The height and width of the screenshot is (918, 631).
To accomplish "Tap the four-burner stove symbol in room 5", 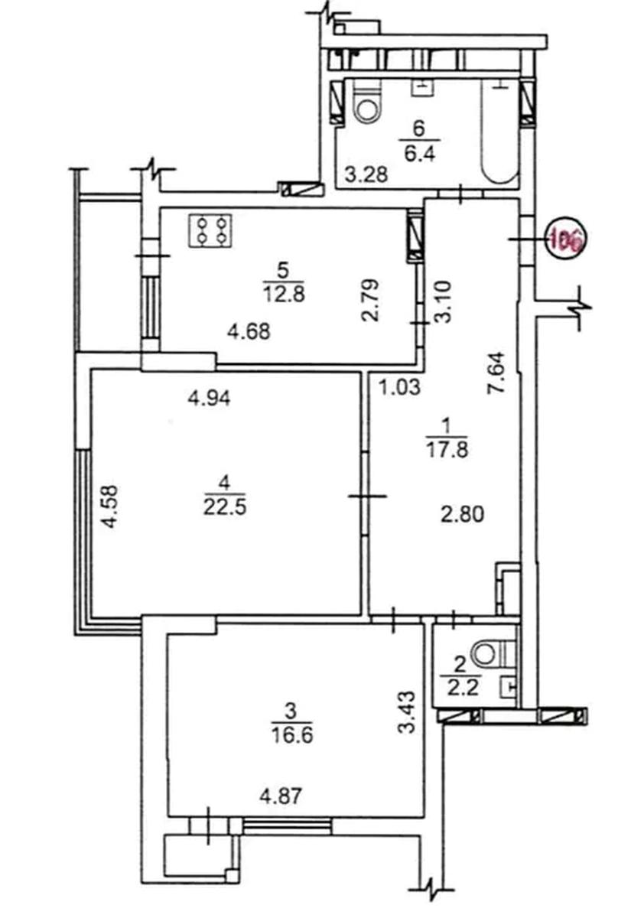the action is tap(210, 231).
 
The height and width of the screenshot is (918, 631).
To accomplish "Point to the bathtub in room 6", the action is tap(499, 131).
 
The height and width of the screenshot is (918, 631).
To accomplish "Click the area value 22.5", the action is tap(225, 509).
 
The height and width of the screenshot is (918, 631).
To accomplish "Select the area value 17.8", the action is tap(447, 451).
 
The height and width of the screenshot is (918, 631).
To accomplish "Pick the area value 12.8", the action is tap(285, 295).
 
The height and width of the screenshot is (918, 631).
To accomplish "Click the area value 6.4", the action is tap(420, 155).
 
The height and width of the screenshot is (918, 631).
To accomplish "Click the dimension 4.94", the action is tap(209, 398).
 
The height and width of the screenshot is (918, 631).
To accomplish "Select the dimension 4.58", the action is tap(110, 507).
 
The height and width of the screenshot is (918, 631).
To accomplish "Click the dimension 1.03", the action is tap(399, 387).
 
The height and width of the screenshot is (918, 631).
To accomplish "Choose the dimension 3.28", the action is tap(366, 175).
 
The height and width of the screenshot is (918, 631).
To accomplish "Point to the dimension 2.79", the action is tap(372, 301).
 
